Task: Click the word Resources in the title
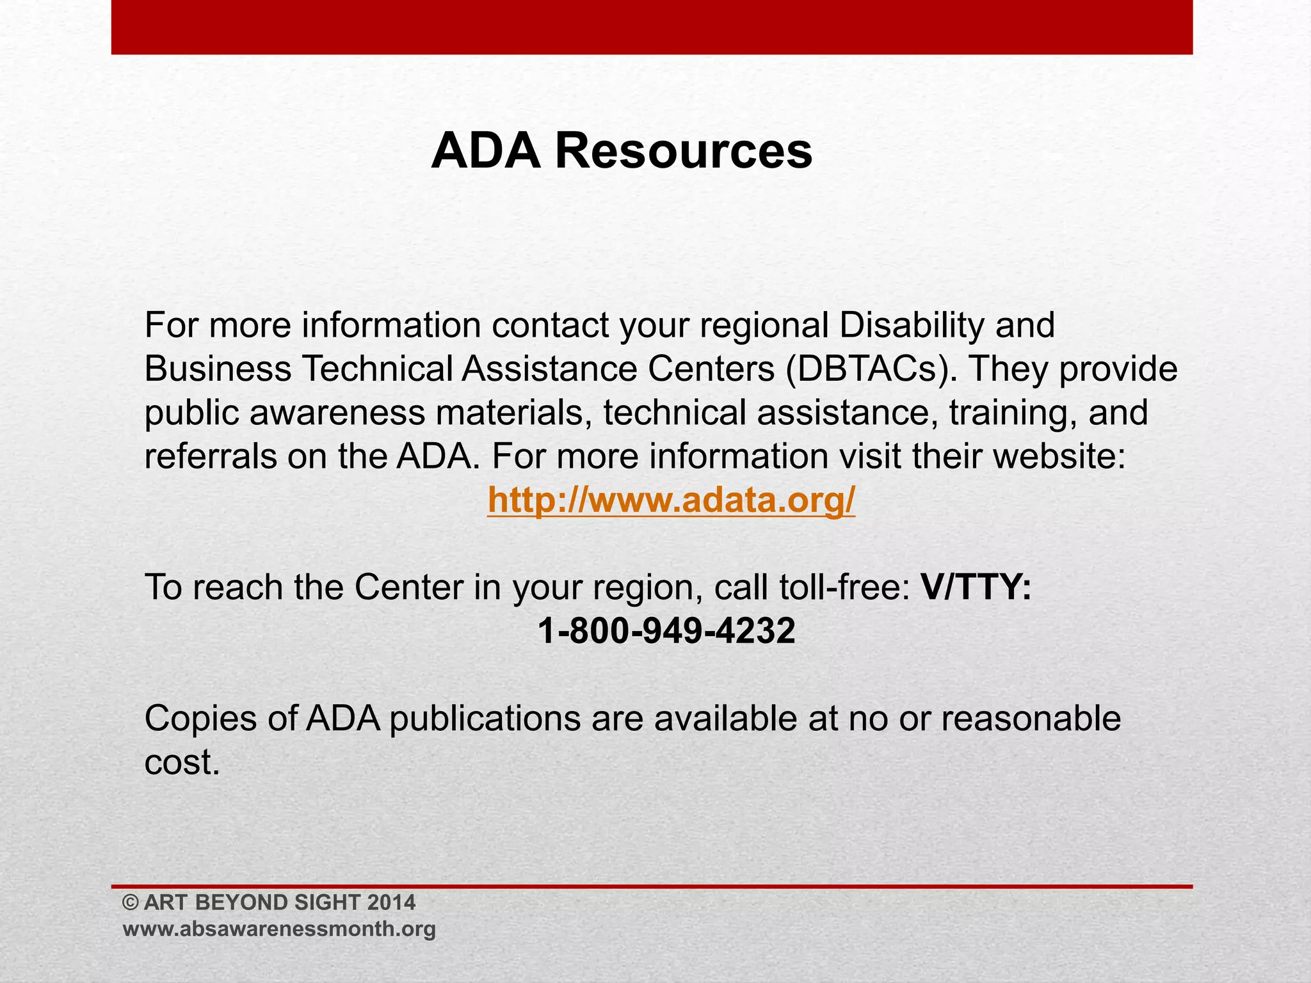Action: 683,152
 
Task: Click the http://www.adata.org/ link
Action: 671,500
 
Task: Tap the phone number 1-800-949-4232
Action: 666,631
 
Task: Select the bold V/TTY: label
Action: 976,587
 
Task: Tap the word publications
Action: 485,720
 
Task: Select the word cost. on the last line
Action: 182,762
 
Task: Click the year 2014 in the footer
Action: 391,902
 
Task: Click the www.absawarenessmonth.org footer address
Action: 279,929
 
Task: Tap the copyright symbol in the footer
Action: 131,902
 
